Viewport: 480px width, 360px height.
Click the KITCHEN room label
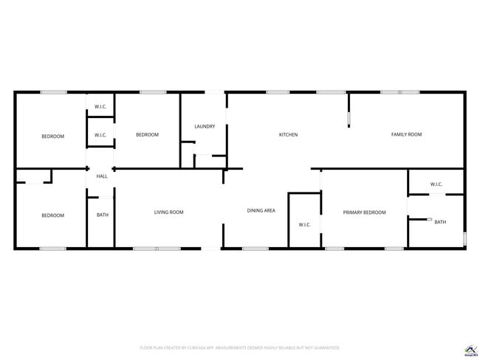(x=288, y=135)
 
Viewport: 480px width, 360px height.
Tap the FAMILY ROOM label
(x=406, y=134)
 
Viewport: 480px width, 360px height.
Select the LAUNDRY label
(x=205, y=127)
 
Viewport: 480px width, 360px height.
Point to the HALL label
(x=101, y=176)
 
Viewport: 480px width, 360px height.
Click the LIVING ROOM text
(x=168, y=212)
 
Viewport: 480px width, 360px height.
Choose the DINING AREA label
(x=261, y=211)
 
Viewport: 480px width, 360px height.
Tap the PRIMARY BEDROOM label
(x=364, y=212)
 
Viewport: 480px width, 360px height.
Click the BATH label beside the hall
(x=102, y=215)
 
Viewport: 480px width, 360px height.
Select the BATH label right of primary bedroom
(x=440, y=222)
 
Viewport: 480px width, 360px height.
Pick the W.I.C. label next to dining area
(x=304, y=224)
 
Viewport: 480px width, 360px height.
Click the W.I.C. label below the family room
(x=436, y=184)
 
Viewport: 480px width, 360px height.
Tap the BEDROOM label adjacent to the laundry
(x=147, y=134)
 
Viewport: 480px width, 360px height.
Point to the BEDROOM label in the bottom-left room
(x=52, y=215)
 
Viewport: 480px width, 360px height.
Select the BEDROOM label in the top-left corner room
(x=52, y=136)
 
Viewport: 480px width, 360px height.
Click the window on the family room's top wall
(x=400, y=92)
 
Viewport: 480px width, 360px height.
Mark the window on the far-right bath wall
(x=464, y=238)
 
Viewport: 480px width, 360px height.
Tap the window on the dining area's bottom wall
(x=256, y=249)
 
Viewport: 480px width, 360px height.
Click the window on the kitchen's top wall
(x=278, y=92)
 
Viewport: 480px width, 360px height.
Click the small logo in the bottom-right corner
(x=468, y=349)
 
